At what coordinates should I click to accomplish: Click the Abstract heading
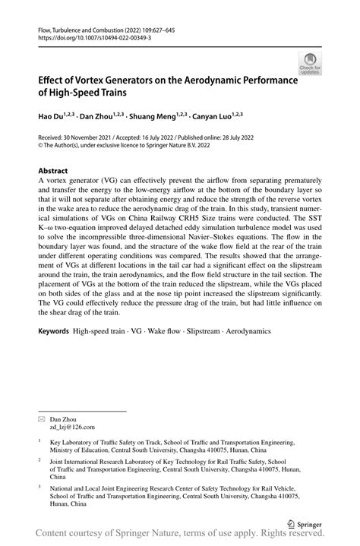point(53,172)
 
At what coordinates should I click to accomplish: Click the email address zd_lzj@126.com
point(72,428)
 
